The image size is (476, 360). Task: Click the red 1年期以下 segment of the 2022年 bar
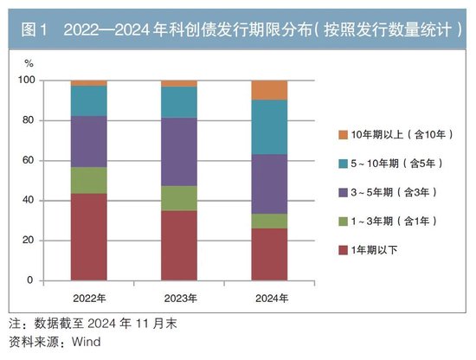88,236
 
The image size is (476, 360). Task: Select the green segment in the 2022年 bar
88,180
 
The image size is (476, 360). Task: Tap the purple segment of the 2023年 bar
178,151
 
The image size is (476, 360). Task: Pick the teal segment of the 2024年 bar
269,127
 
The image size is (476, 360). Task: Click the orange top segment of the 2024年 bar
269,90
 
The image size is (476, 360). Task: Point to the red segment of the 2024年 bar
269,254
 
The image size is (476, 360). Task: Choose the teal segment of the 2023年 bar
178,102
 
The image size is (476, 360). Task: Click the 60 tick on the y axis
29,161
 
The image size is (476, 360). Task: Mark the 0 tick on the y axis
31,280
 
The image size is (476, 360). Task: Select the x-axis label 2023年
178,297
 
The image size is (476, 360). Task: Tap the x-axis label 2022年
88,297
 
